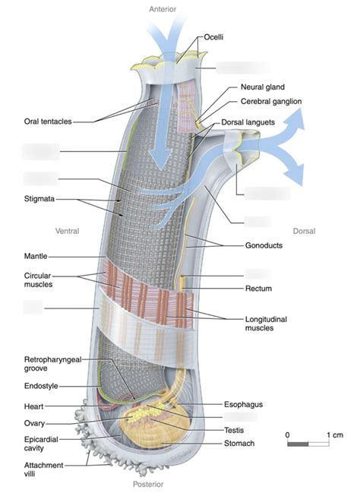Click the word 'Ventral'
point(68,231)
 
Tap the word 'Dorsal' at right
point(305,231)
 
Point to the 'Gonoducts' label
point(263,246)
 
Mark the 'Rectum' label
point(258,289)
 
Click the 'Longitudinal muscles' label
point(265,324)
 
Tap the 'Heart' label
point(33,406)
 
